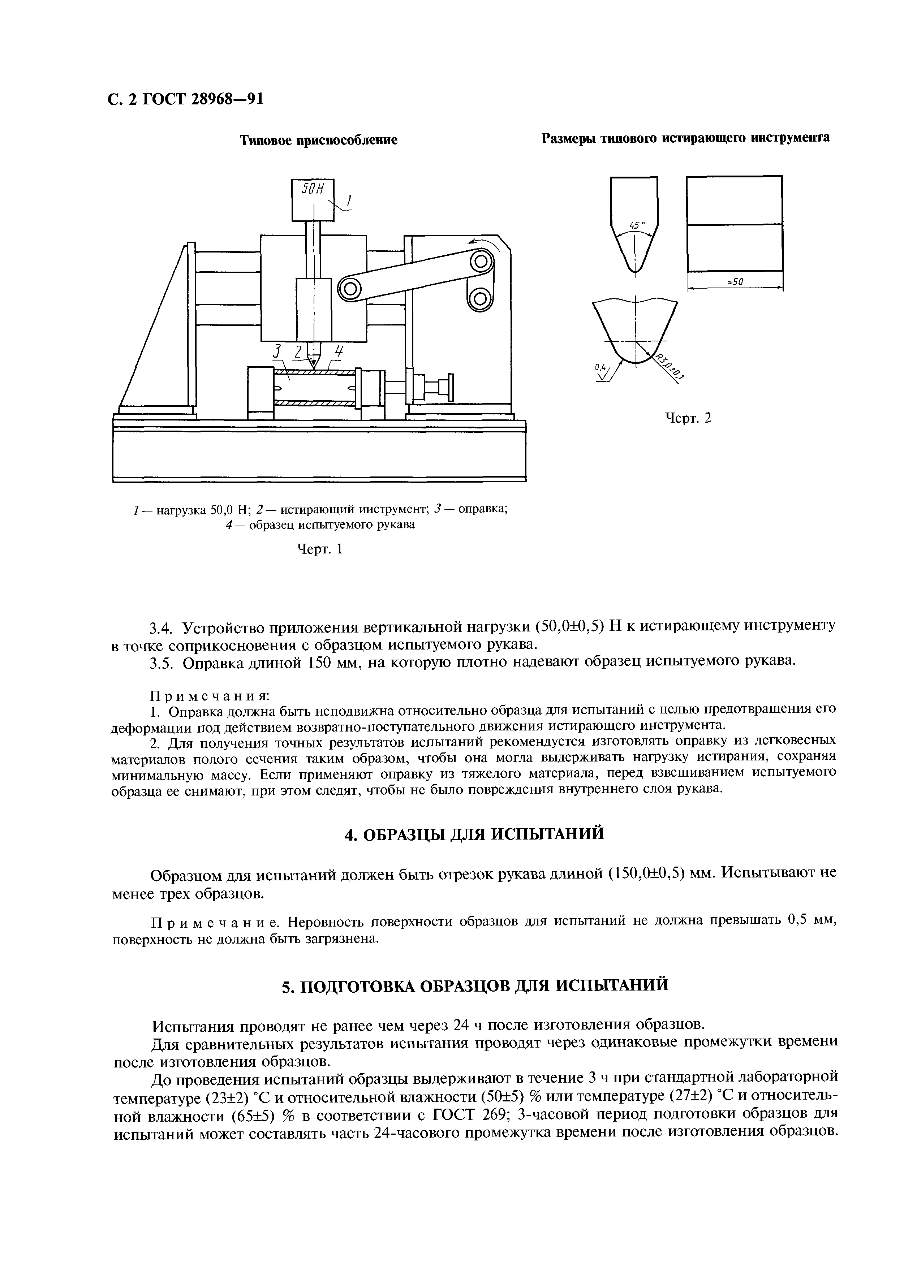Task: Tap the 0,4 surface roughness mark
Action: [600, 367]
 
